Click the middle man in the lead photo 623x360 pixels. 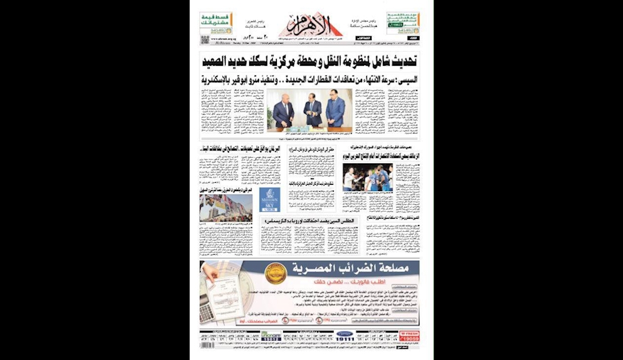313,109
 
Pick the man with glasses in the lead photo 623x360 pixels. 335,109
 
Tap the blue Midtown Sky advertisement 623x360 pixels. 270,200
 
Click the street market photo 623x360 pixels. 226,207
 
